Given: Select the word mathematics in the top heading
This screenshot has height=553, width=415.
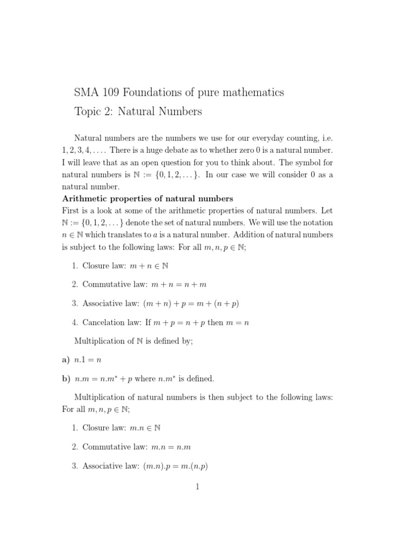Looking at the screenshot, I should click(250, 92).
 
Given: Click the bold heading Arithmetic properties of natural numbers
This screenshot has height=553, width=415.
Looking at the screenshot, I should click(148, 199).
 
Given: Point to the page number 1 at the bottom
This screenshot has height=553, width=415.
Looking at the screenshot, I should click(198, 487).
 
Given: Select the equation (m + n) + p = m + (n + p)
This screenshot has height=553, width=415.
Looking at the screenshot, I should click(191, 304).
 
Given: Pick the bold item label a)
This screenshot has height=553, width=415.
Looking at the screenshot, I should click(66, 359).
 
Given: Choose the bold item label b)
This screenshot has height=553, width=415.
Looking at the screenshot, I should click(66, 378).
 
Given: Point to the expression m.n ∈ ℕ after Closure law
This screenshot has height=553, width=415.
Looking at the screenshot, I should click(145, 428).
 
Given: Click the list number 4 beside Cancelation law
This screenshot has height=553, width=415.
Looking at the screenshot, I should click(75, 322).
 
